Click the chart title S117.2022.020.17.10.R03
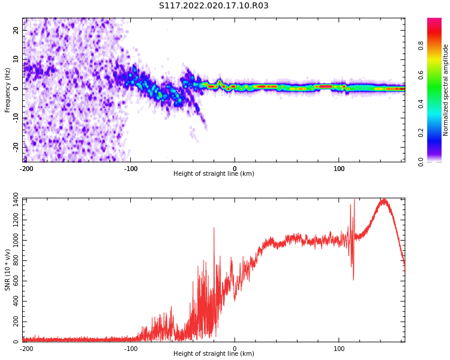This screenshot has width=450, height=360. click(x=214, y=6)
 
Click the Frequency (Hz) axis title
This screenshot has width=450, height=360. click(x=8, y=90)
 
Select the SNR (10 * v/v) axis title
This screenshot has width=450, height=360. click(x=8, y=270)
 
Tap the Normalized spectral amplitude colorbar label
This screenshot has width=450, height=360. click(x=446, y=90)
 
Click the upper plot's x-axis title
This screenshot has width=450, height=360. click(x=214, y=174)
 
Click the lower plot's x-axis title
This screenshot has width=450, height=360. click(x=214, y=354)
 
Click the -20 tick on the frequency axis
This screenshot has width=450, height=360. click(x=15, y=146)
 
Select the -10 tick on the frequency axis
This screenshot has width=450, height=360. click(x=15, y=118)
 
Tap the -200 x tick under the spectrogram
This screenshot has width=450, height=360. click(x=26, y=169)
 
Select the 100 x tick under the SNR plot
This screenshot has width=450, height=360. click(x=339, y=349)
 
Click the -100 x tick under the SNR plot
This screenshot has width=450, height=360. click(x=131, y=349)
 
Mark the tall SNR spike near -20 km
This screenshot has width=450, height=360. click(x=214, y=228)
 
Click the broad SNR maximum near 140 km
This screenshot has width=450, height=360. click(x=382, y=200)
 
